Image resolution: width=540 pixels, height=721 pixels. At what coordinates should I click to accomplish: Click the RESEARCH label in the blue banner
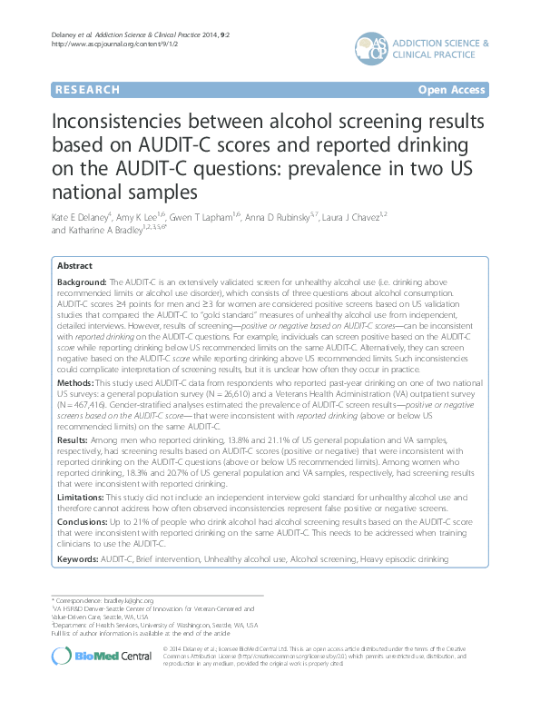(87, 90)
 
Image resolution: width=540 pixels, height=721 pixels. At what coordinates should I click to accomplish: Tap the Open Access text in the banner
(453, 90)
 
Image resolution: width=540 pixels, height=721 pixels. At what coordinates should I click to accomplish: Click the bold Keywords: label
(79, 562)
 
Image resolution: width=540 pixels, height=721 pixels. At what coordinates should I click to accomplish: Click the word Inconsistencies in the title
(131, 122)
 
